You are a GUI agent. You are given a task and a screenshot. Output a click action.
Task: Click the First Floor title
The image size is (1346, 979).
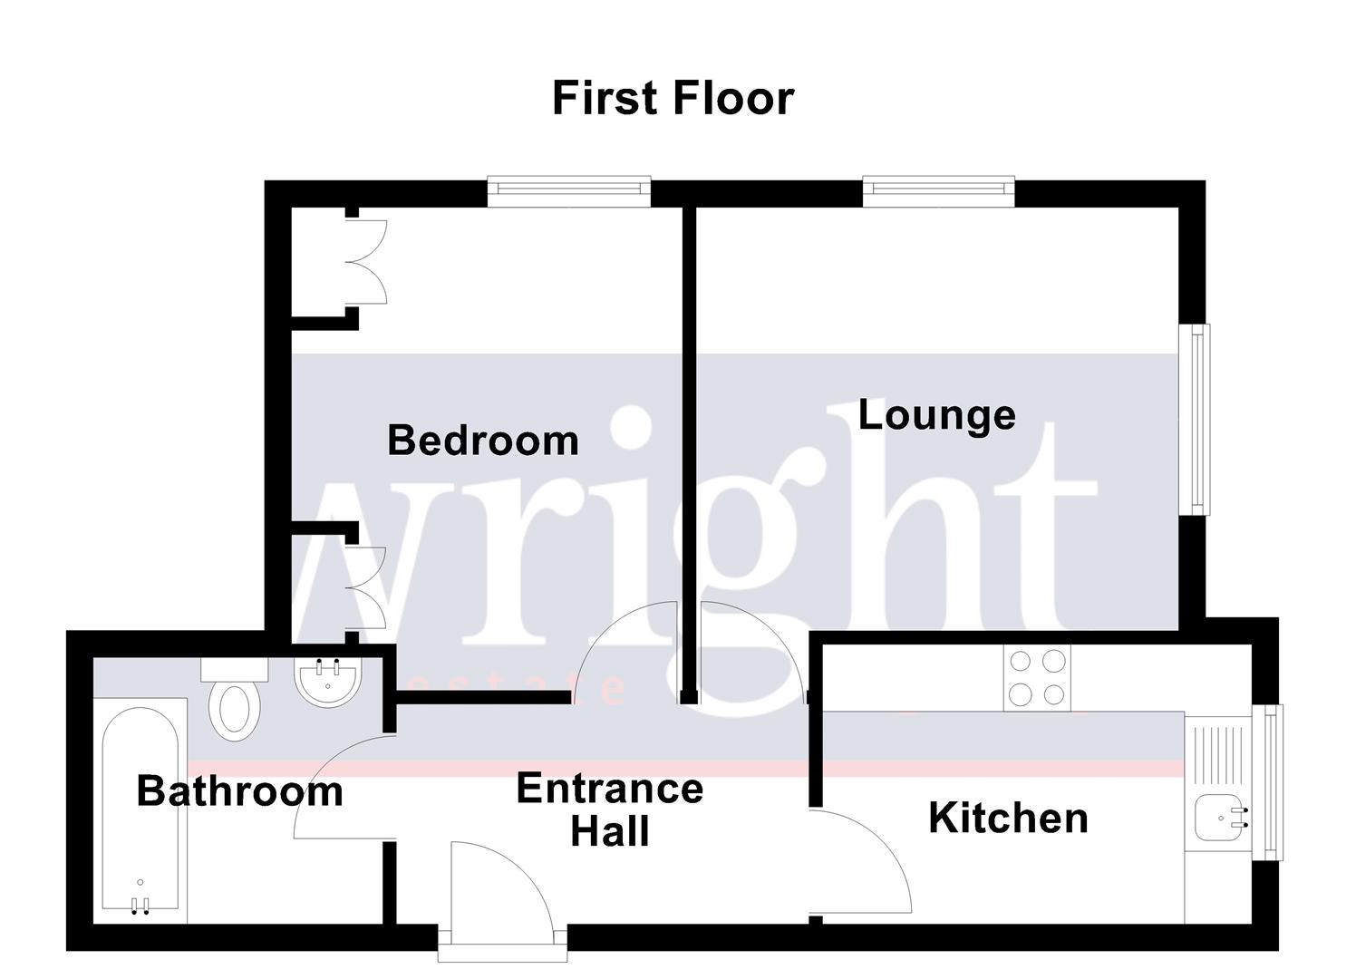(x=673, y=98)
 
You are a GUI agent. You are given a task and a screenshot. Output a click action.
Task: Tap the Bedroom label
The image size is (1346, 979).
(x=482, y=441)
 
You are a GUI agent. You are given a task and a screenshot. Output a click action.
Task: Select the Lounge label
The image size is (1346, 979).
(x=936, y=415)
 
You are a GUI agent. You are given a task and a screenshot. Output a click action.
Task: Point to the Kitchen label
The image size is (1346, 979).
(x=1008, y=819)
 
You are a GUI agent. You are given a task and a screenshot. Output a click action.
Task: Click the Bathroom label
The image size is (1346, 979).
(x=240, y=791)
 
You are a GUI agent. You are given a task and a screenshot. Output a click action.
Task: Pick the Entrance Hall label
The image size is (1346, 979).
(x=609, y=809)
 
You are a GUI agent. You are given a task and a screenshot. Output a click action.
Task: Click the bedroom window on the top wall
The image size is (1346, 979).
(x=568, y=189)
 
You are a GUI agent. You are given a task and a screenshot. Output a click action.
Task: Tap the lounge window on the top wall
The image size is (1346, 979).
(x=938, y=188)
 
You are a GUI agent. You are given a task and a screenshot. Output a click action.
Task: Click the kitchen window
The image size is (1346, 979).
(x=1273, y=781)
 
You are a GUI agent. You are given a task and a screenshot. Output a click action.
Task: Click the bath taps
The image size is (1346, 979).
(x=140, y=904)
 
